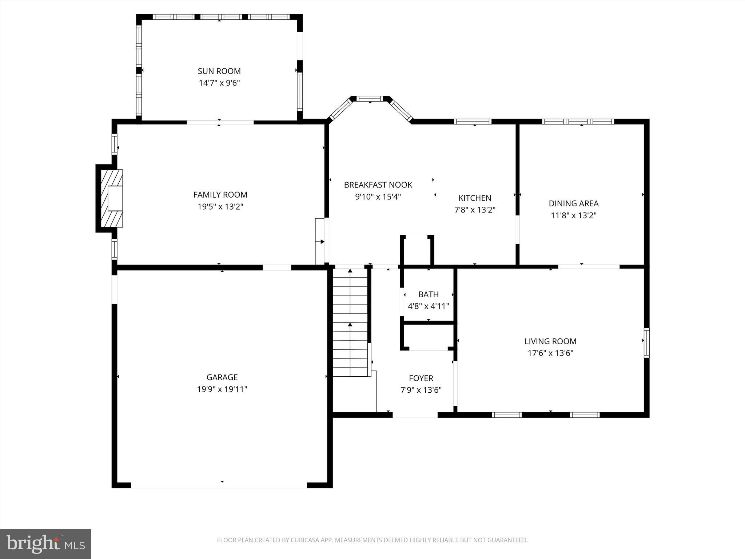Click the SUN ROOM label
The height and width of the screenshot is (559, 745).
tap(219, 71)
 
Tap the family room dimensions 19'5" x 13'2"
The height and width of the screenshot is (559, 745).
tap(220, 207)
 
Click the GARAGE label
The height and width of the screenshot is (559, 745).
tap(222, 377)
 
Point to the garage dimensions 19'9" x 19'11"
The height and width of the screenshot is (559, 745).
tap(222, 389)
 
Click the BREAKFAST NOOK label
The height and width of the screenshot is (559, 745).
tap(378, 185)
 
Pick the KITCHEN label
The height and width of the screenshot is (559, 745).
tap(475, 198)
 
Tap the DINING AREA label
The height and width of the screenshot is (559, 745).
tap(574, 203)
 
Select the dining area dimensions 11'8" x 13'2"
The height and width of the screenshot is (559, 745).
tap(574, 215)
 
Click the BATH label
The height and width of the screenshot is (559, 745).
tap(429, 294)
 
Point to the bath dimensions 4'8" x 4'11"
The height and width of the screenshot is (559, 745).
tap(429, 306)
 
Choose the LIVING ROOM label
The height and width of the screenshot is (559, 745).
tap(550, 341)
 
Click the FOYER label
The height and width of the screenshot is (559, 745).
tap(421, 378)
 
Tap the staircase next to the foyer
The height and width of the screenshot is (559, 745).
tap(350, 322)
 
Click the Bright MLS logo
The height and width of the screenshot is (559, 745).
tap(45, 544)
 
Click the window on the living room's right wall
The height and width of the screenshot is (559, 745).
tap(646, 343)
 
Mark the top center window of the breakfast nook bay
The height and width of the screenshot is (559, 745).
tap(370, 98)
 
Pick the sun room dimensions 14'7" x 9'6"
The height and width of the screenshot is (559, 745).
tap(219, 83)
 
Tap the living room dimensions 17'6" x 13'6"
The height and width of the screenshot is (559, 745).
tap(550, 353)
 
